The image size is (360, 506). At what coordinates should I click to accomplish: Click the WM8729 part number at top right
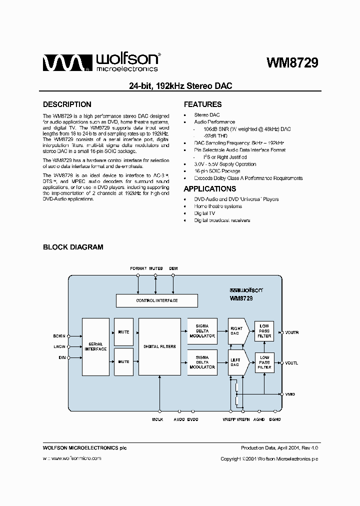click(292, 62)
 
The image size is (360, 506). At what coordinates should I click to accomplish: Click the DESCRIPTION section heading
click(67, 104)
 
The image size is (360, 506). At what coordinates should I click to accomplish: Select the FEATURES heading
click(202, 104)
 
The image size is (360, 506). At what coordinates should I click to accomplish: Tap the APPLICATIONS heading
click(209, 189)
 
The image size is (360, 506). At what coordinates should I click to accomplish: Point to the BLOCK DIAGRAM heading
click(73, 247)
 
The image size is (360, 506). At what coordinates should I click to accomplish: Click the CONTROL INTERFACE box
click(156, 300)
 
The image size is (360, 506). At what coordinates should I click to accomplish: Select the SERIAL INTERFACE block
click(95, 346)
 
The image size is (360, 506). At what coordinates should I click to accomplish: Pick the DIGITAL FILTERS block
click(159, 346)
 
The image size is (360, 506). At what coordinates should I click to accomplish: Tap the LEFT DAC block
click(235, 362)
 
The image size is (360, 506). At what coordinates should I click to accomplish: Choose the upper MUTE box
click(123, 331)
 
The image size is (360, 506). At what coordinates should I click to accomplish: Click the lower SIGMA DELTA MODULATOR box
click(202, 362)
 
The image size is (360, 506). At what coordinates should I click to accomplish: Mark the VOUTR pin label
click(291, 332)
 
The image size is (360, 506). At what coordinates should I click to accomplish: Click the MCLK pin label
click(157, 419)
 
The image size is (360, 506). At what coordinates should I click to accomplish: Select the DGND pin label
click(274, 419)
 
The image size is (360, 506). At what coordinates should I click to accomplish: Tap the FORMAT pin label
click(138, 268)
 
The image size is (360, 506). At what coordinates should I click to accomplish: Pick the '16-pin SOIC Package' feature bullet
click(217, 171)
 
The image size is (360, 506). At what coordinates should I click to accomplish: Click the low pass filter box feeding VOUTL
click(264, 362)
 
